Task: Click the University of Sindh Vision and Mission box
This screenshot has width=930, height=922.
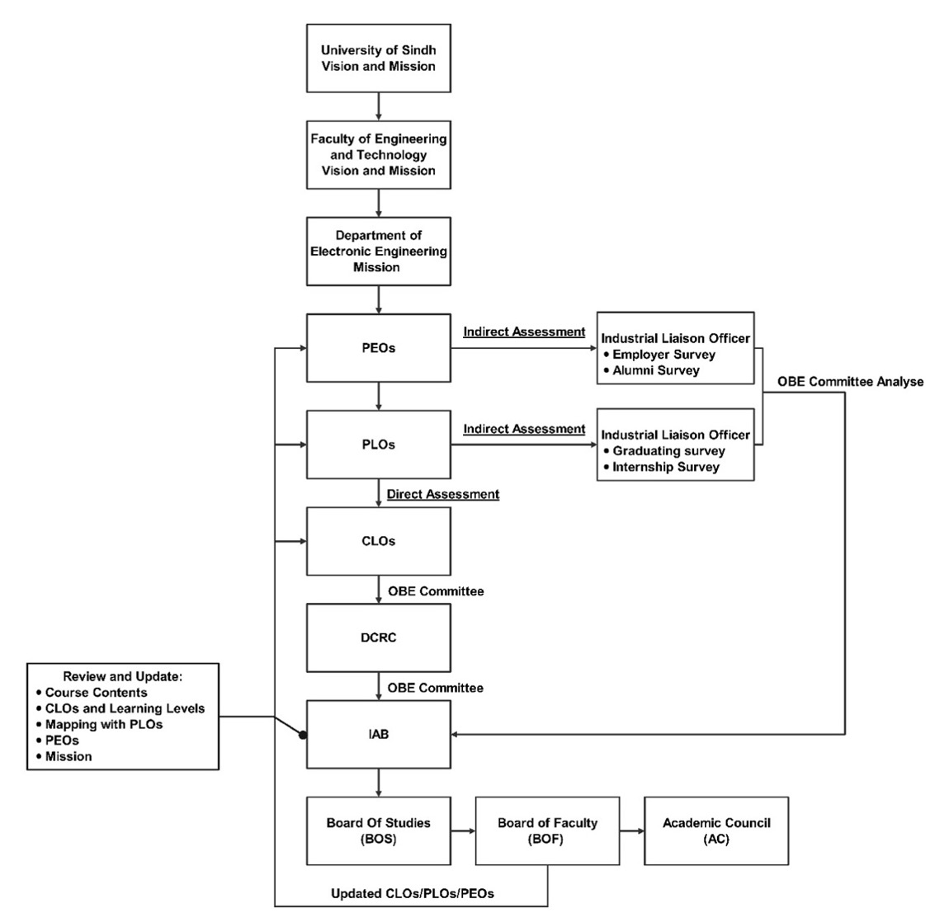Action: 378,58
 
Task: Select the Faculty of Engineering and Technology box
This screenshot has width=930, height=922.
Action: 378,154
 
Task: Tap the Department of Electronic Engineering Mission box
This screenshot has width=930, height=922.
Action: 378,251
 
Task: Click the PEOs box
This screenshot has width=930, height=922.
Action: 378,348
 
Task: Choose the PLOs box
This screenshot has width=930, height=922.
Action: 378,445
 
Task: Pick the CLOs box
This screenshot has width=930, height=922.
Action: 378,541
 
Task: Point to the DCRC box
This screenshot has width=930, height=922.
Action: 378,637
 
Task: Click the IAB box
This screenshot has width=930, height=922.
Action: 378,734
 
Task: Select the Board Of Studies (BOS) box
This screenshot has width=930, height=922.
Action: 378,830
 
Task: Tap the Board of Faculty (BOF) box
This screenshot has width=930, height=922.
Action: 547,830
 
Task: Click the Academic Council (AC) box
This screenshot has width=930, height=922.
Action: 716,830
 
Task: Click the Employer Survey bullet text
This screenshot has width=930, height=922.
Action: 663,355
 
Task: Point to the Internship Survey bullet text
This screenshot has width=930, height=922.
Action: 665,467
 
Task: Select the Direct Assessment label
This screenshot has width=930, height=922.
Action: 443,495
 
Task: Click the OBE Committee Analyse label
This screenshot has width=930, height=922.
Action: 851,382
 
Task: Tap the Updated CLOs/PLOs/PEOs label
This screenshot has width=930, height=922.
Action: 413,893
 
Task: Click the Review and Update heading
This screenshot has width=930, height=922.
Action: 123,676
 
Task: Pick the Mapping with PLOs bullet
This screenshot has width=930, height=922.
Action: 104,724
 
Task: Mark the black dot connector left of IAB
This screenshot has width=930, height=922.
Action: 303,734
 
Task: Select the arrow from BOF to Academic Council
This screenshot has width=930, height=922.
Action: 631,830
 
